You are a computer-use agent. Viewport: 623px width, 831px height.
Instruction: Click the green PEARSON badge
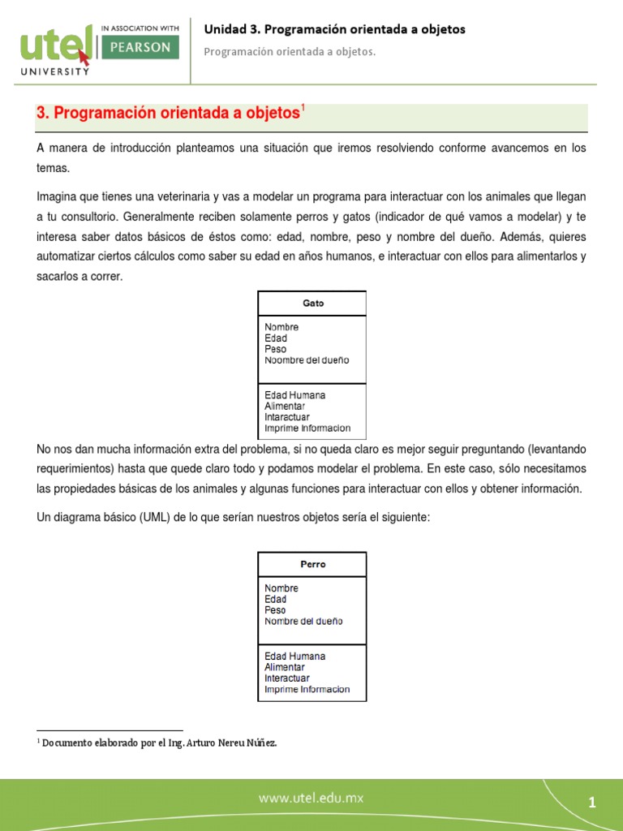[138, 48]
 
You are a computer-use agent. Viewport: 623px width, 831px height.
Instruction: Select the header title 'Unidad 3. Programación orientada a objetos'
[334, 29]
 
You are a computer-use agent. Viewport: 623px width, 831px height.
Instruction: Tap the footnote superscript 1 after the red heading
[303, 108]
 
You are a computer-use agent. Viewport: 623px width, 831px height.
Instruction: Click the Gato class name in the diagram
[312, 303]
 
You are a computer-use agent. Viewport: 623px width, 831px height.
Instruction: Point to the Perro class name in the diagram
[312, 564]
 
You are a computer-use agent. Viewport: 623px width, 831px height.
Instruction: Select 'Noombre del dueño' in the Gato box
[307, 360]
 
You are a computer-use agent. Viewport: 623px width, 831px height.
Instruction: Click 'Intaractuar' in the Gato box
[287, 417]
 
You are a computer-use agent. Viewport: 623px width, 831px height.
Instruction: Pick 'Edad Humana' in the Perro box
[294, 656]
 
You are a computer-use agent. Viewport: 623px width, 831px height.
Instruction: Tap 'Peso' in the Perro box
[275, 610]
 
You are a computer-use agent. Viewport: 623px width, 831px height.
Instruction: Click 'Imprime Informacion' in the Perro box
[307, 689]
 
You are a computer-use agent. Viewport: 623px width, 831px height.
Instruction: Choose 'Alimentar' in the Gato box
[285, 406]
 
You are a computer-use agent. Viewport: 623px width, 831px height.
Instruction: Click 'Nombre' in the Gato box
[281, 327]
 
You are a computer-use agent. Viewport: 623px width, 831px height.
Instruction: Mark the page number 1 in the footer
[592, 803]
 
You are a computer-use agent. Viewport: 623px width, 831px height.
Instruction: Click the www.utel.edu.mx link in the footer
[311, 799]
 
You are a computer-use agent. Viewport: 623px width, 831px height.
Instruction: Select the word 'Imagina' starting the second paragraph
[58, 197]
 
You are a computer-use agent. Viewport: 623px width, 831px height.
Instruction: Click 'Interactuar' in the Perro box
[287, 678]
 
